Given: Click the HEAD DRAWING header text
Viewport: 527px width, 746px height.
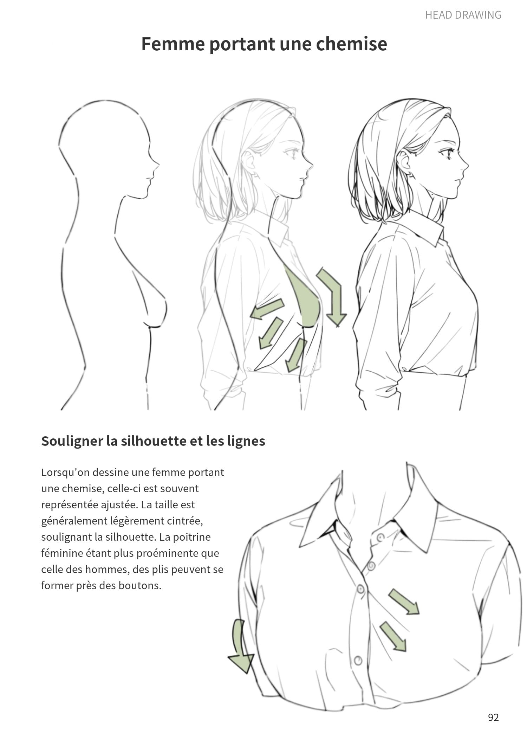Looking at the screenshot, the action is click(463, 15).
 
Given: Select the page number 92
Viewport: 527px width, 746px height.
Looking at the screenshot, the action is click(493, 717).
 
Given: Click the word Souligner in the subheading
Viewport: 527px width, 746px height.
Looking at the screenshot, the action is click(72, 441).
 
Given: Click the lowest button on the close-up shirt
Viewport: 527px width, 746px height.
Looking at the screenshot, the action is click(358, 660).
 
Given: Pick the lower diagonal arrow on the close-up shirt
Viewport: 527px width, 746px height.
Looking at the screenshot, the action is click(393, 636).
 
